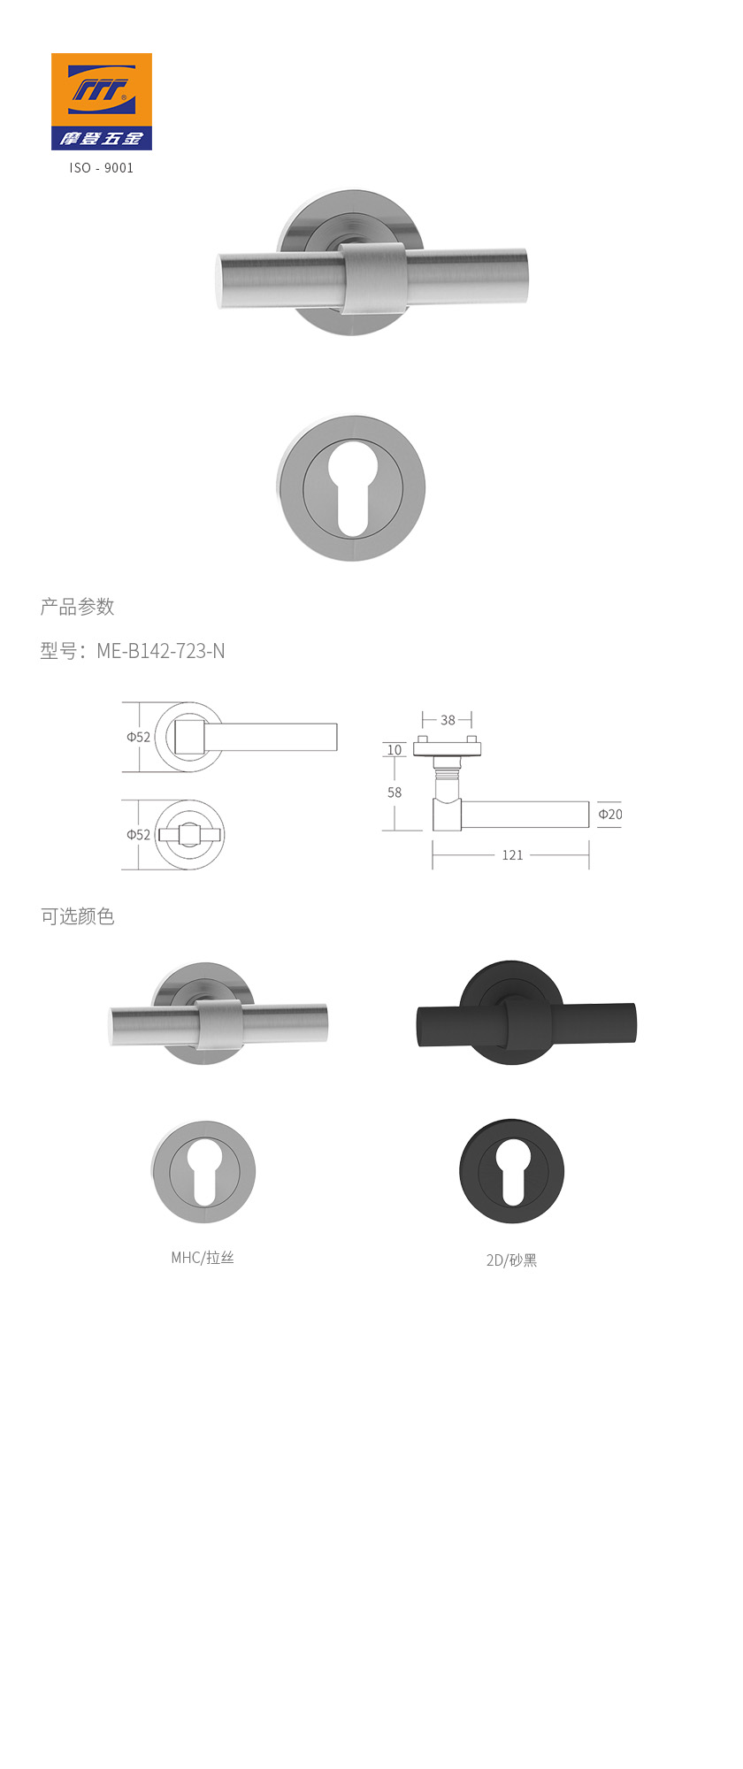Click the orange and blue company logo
(x=102, y=102)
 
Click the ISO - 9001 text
(x=102, y=168)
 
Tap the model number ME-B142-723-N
(x=160, y=651)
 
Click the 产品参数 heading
(x=78, y=607)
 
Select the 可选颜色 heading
(x=78, y=916)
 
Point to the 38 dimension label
(x=448, y=720)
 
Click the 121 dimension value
(x=512, y=855)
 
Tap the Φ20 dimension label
(x=610, y=815)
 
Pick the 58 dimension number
(x=394, y=793)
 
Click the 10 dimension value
(x=394, y=750)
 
